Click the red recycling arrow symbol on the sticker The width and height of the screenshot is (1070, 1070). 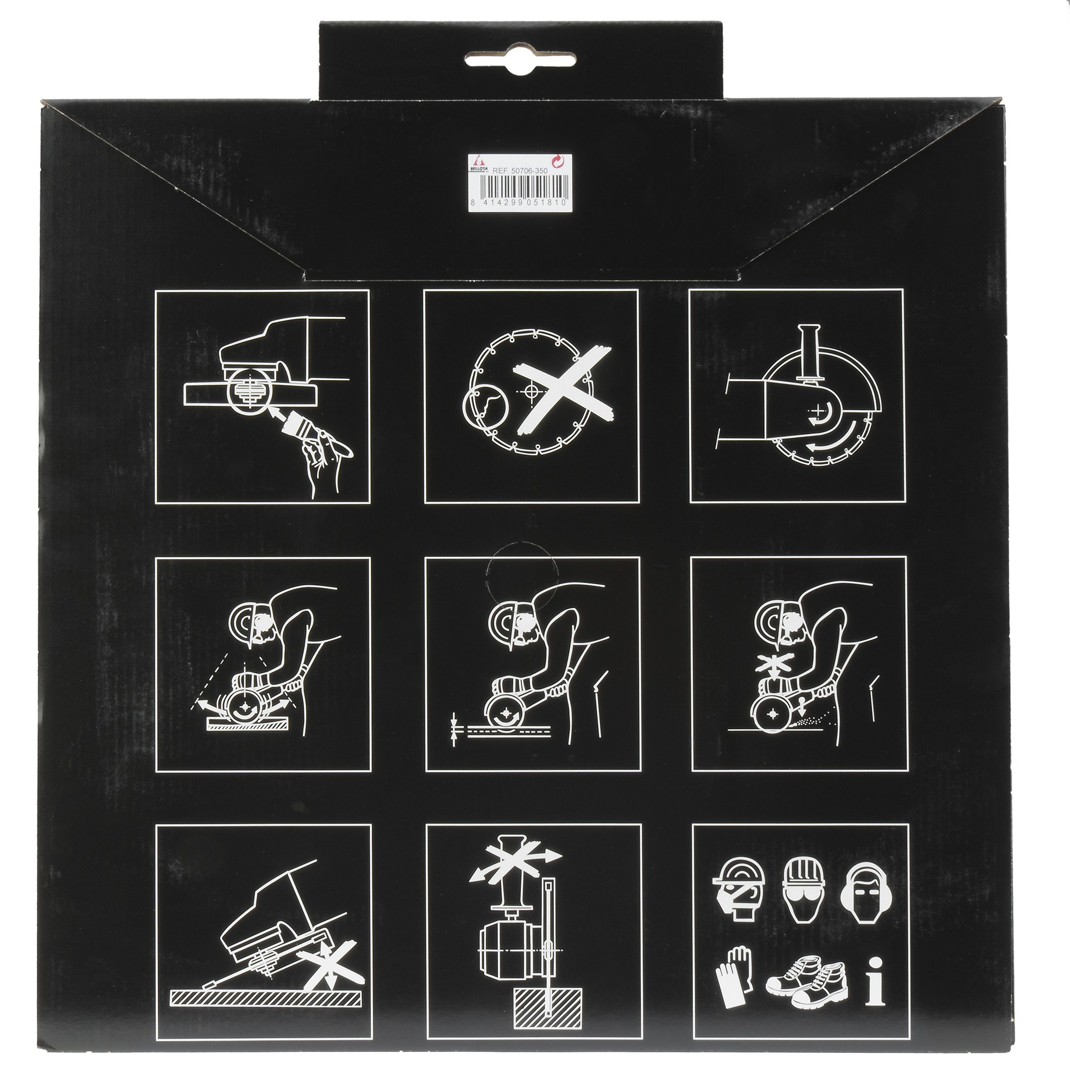pos(559,162)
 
